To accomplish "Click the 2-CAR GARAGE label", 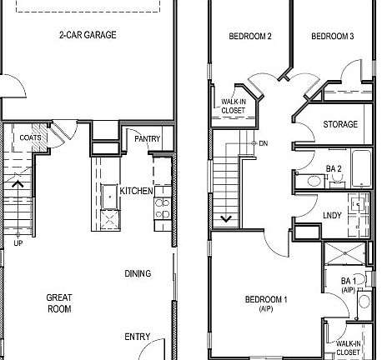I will pos(87,35).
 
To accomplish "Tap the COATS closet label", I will pos(31,138).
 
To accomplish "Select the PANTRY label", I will pos(147,138).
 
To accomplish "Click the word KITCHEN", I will pos(136,192).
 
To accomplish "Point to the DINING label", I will pos(138,273).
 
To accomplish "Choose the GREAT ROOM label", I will pos(58,302).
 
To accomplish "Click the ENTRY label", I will pos(138,337).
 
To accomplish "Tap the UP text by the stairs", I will pos(18,243).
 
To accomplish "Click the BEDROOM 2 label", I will pos(250,36).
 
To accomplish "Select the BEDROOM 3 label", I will pos(333,36).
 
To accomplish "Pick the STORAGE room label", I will pos(340,125).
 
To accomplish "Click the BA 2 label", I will pos(334,169).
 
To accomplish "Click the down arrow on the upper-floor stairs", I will pos(224,219).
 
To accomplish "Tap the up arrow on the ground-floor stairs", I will pos(18,184).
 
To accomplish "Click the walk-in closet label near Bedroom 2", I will pos(234,106).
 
